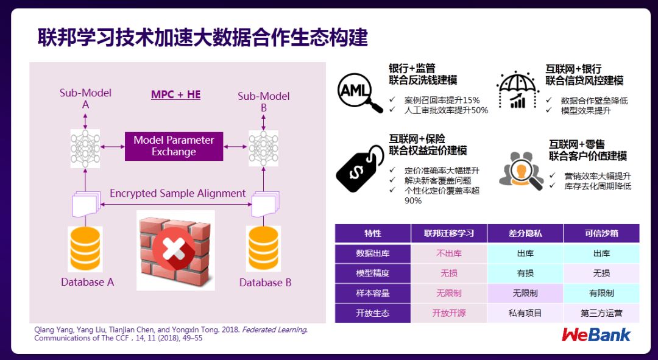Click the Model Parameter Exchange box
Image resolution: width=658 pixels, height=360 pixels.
(x=174, y=146)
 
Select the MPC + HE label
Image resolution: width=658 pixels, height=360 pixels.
(x=175, y=94)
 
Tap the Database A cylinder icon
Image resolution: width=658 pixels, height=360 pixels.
(x=85, y=250)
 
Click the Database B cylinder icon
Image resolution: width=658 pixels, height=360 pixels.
(x=263, y=250)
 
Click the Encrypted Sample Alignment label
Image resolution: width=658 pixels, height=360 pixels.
(x=177, y=194)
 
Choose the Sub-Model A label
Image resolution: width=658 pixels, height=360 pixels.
(x=85, y=99)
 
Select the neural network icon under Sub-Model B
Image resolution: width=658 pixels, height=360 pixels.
(x=263, y=147)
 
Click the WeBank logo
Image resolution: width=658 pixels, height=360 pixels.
(x=596, y=334)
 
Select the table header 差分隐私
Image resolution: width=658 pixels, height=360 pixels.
(x=525, y=233)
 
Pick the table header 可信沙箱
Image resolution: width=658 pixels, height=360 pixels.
(x=601, y=233)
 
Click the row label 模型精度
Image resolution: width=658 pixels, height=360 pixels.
(x=372, y=274)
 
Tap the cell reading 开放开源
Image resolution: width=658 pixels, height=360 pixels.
(x=449, y=313)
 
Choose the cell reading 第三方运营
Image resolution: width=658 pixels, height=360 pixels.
(x=601, y=313)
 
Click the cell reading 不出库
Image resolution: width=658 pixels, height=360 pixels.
(x=449, y=253)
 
